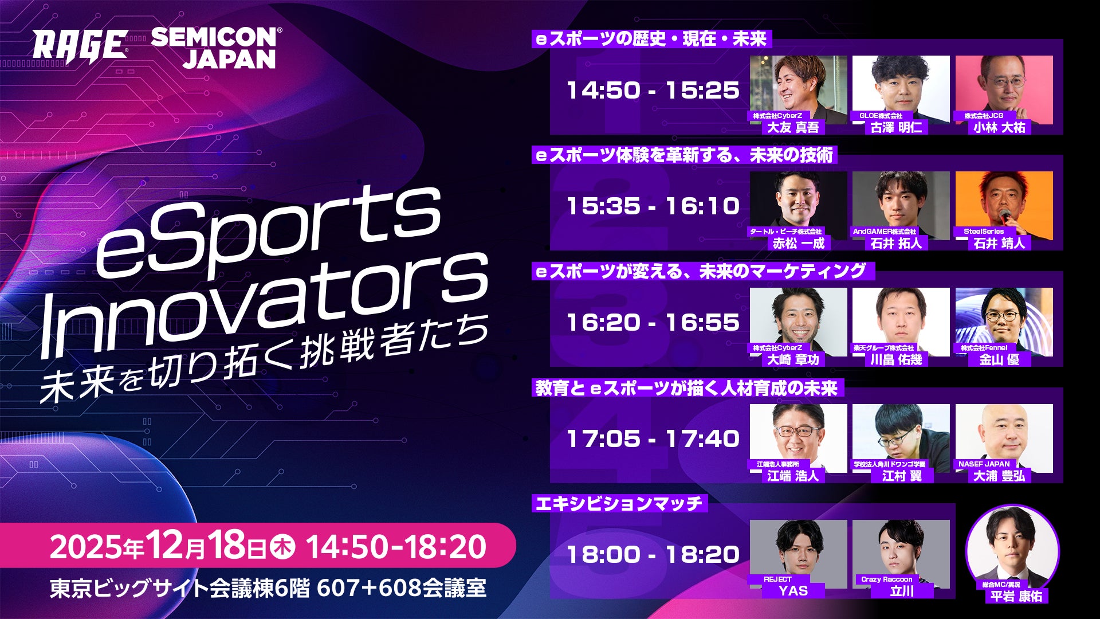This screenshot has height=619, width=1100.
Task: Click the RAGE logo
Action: coord(80,45)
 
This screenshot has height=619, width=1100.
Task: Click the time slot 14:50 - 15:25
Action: coord(653,90)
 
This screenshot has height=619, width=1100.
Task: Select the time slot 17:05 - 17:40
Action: coord(653,438)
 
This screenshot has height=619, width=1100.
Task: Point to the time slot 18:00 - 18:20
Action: coord(653,554)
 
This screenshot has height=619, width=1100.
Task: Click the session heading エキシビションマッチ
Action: coord(619,504)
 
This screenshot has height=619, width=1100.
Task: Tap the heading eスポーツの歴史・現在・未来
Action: coord(651,39)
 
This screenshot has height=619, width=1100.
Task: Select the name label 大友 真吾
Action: coord(793,127)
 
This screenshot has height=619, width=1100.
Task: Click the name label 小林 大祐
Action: coord(999,127)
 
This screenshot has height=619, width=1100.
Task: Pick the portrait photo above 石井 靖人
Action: coord(1004,203)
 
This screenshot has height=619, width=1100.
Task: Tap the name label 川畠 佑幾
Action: coord(896,359)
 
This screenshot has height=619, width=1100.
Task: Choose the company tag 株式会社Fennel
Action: coord(984,348)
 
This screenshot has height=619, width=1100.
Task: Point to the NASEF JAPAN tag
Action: coord(984,464)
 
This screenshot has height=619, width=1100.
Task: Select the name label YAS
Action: coord(793,590)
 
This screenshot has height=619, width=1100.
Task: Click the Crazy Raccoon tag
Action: coord(886,579)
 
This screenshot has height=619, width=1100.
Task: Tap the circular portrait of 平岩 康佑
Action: coord(1012,547)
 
